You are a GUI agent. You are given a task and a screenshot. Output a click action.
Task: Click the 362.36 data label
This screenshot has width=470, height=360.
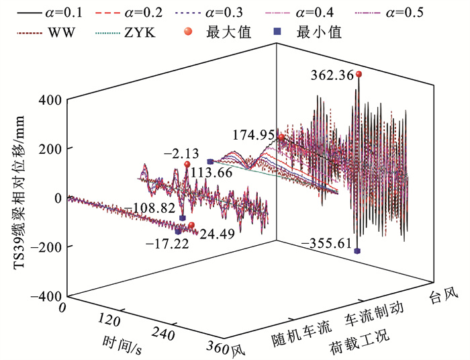pyautogui.click(x=330, y=76)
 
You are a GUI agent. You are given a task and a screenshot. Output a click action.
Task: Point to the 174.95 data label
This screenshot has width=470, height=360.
pyautogui.click(x=254, y=135)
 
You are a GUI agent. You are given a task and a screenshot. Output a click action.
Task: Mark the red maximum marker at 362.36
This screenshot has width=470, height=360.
pyautogui.click(x=359, y=74)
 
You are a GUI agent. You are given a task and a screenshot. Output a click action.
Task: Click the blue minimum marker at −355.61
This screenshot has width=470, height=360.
pyautogui.click(x=357, y=251)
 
